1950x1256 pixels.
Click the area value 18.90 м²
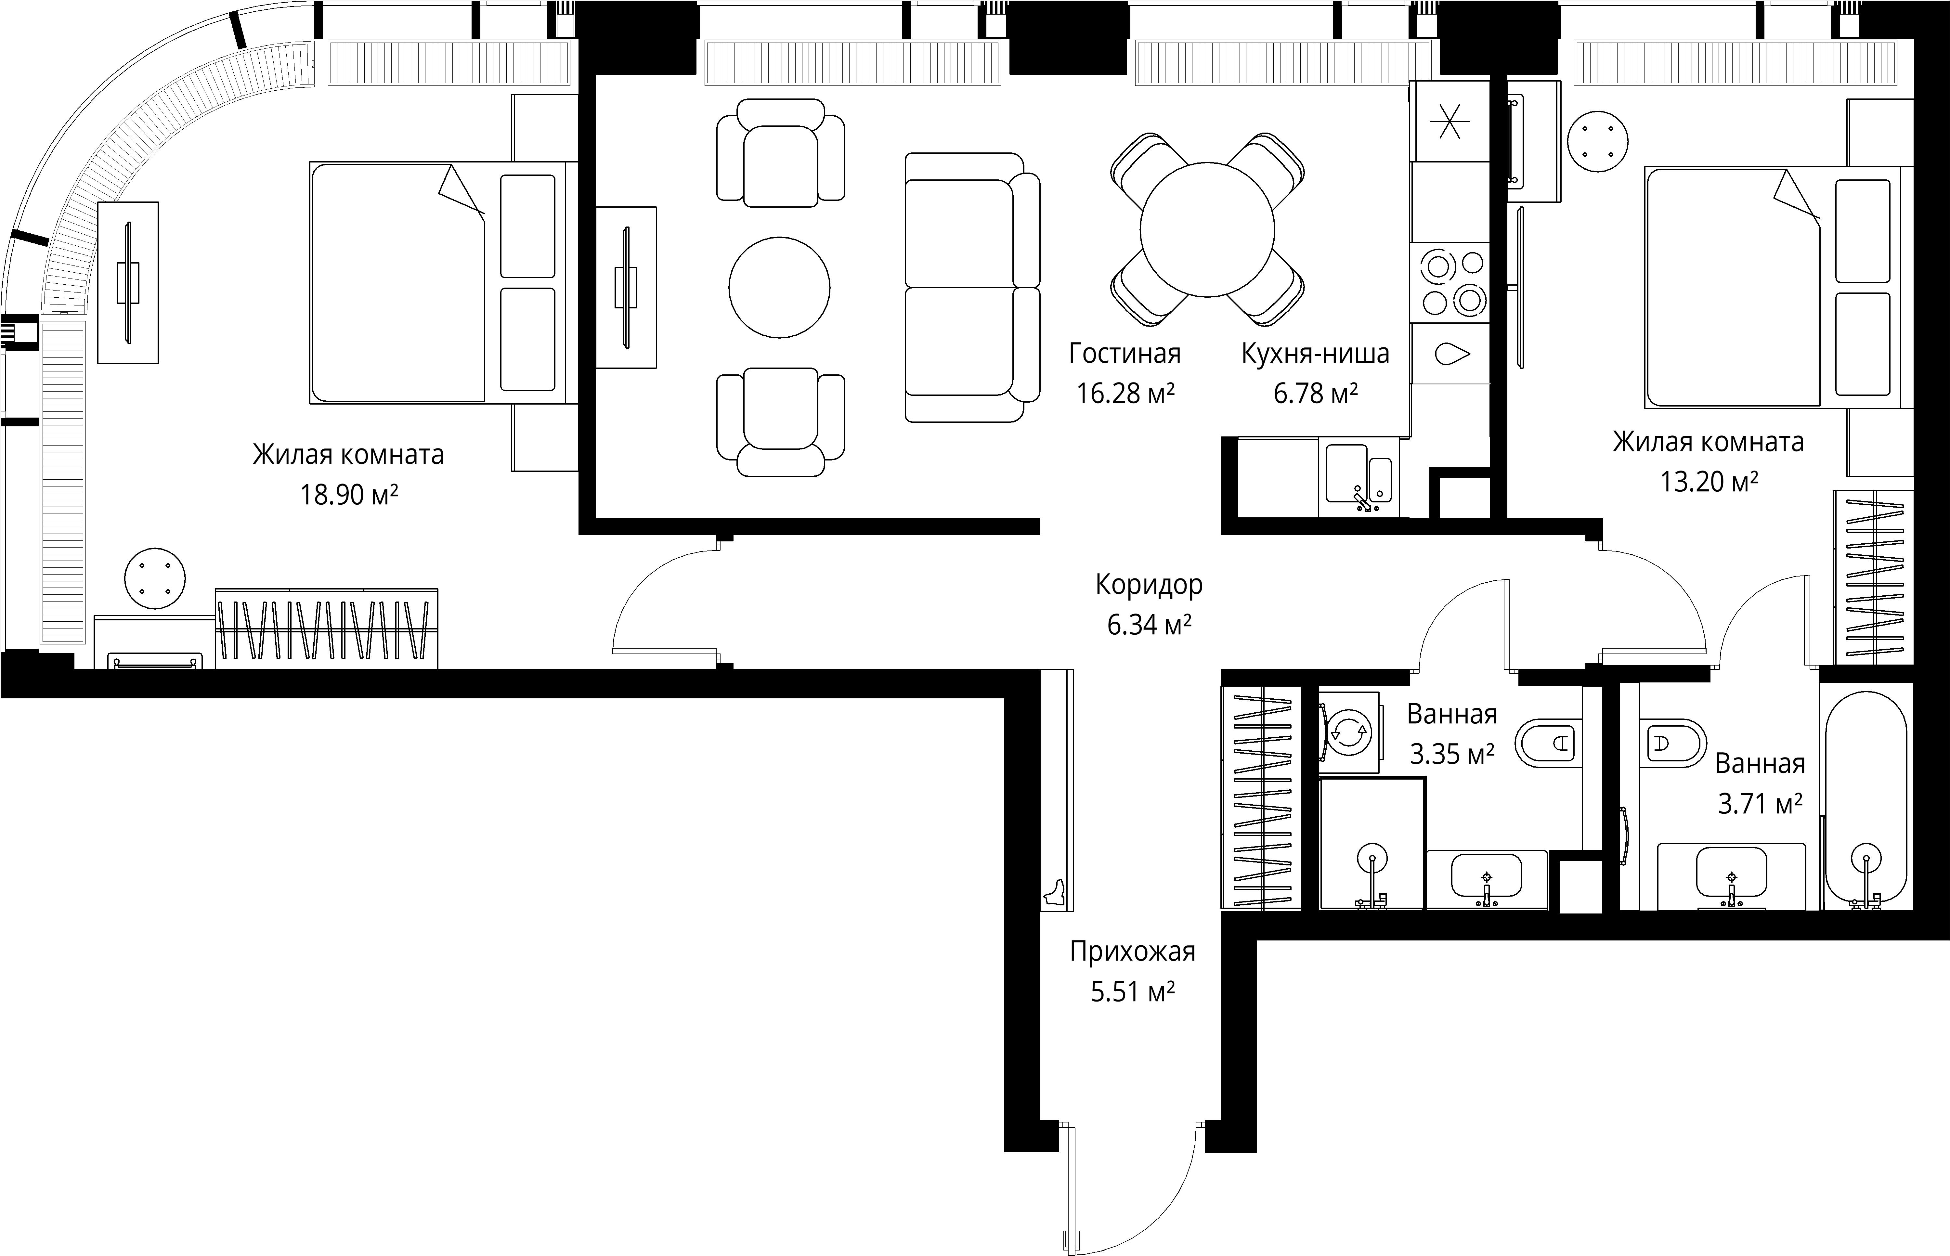tap(349, 494)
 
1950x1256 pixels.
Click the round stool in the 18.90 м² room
tap(155, 578)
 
